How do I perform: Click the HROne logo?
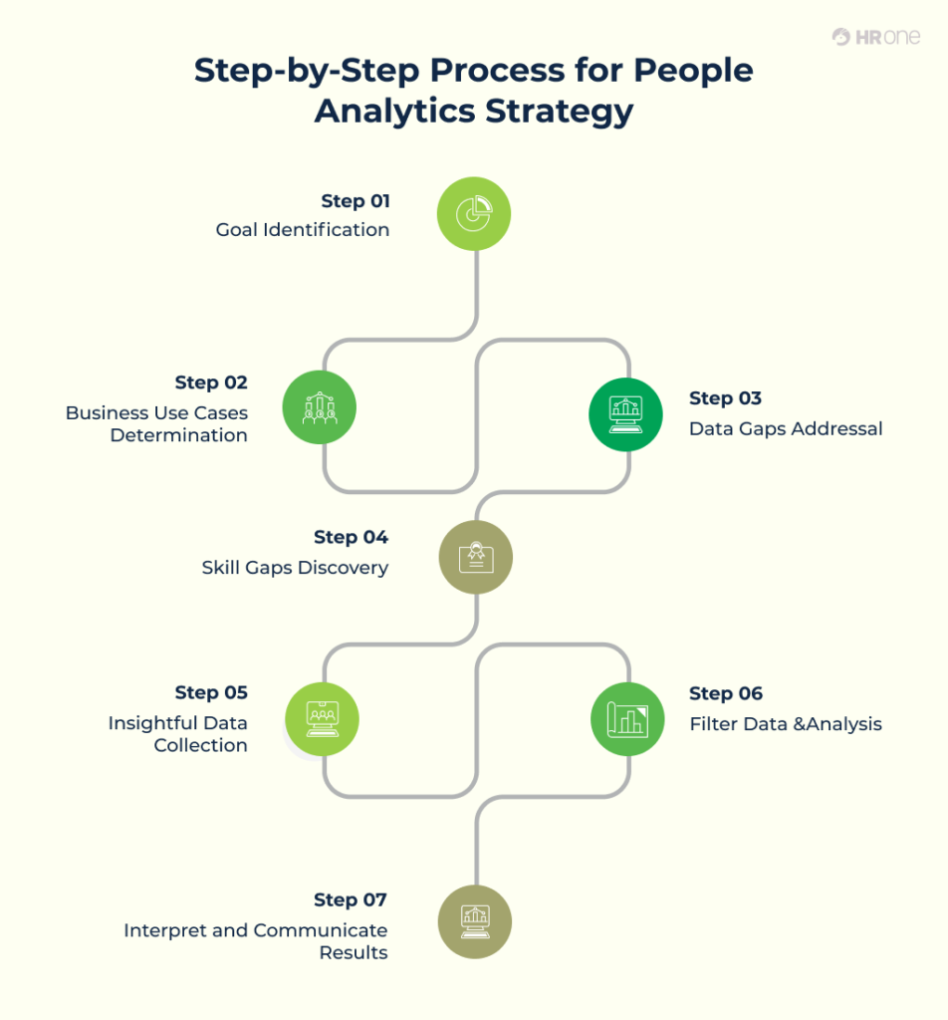pos(875,37)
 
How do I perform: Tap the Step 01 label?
pos(355,201)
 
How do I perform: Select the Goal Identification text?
pos(303,230)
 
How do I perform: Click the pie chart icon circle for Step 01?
pos(474,213)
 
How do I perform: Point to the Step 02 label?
pos(211,382)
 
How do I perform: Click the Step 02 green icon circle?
pos(319,406)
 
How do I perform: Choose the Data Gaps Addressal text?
pos(786,429)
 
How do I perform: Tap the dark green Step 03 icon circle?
pos(625,413)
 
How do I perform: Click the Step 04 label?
pos(351,538)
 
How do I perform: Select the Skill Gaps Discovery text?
pos(295,568)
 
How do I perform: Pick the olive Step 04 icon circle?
pos(476,557)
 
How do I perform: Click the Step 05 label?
pos(211,692)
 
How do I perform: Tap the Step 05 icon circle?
pos(321,717)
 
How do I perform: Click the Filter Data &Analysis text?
pos(786,724)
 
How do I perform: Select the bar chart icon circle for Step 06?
pos(627,718)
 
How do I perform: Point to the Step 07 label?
pos(350,900)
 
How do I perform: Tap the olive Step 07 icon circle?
pos(475,920)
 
